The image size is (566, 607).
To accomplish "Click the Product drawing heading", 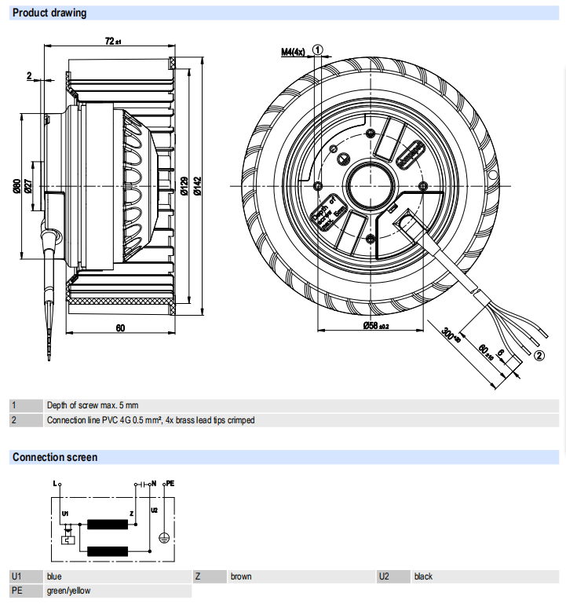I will [49, 13].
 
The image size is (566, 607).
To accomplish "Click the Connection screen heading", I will [55, 457].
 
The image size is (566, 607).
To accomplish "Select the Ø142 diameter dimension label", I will [197, 185].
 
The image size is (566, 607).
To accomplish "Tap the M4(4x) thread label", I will [293, 53].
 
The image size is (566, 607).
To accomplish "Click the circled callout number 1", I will [318, 49].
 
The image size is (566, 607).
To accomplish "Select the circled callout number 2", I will [539, 355].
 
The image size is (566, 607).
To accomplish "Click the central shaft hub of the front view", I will [370, 185].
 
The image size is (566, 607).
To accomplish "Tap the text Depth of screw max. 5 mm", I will [92, 405].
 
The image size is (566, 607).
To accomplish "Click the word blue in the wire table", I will [55, 576].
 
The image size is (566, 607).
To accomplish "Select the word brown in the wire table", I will [241, 576].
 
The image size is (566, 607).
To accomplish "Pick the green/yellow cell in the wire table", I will [68, 591].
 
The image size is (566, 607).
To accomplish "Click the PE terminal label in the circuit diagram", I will [169, 484].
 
